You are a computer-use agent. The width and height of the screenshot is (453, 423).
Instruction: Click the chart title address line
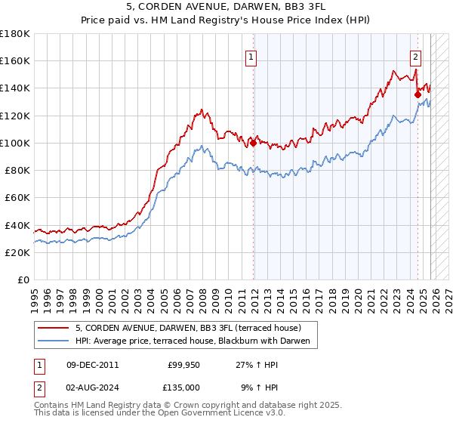(226, 8)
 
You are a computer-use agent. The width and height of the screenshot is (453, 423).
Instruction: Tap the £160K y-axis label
(15, 61)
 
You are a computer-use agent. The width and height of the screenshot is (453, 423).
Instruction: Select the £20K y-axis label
(17, 252)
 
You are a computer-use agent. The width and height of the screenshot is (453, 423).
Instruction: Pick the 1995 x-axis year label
(35, 295)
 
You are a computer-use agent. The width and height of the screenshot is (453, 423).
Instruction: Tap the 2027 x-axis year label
(445, 295)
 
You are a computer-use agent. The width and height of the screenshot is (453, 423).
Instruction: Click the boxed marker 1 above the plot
(251, 55)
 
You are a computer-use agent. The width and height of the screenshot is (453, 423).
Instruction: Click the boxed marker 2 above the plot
(415, 55)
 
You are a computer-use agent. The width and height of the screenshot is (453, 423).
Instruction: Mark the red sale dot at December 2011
(253, 144)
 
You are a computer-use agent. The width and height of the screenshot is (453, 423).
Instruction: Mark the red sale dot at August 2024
(418, 95)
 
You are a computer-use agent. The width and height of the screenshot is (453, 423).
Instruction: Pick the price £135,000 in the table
(183, 387)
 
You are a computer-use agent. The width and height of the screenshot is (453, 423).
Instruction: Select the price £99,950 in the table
(183, 365)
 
